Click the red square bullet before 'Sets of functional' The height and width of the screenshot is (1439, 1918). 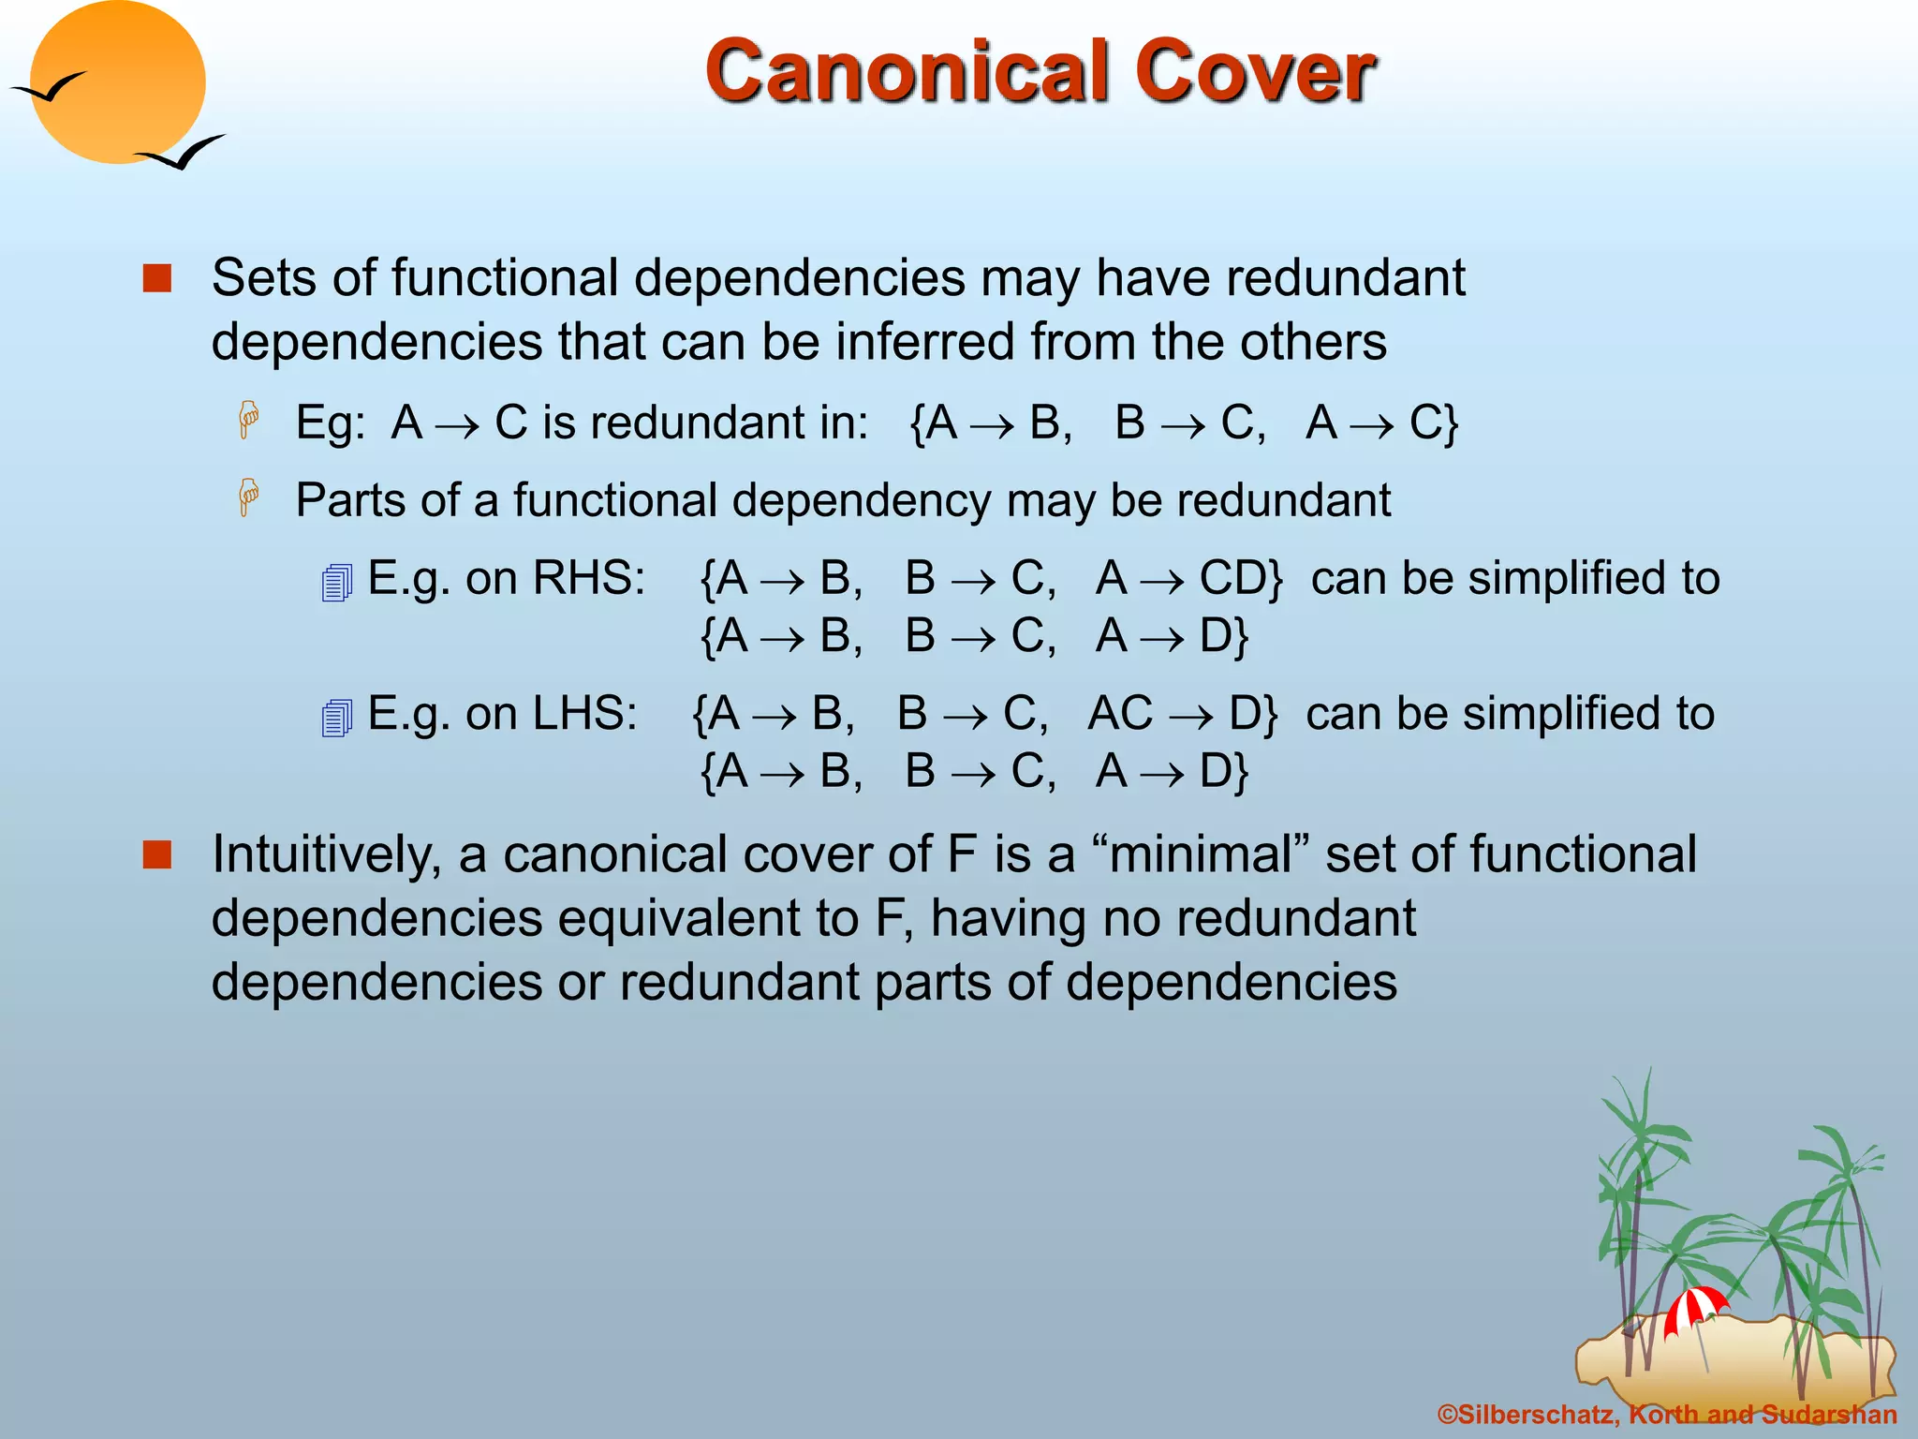157,278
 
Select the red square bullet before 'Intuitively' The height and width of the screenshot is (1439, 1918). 157,854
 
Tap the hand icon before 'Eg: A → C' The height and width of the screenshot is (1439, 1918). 248,419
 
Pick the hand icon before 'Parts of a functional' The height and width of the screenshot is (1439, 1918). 248,497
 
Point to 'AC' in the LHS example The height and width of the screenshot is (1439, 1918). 1120,714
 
